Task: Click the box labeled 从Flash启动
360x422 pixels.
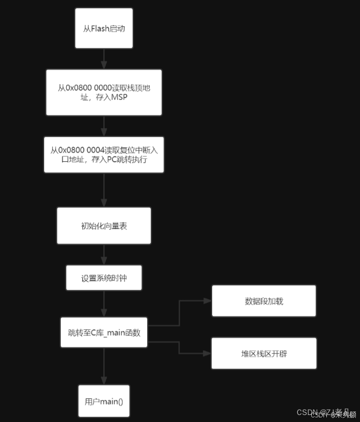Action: tap(104, 28)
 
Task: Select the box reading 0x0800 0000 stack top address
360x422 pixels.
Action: tap(104, 92)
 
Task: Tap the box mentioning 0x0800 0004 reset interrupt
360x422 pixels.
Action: tap(104, 154)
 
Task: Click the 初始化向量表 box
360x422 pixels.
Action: tap(104, 225)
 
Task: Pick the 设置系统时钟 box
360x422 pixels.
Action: tap(104, 278)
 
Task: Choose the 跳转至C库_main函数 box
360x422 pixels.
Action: tap(104, 332)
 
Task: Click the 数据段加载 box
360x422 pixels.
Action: tap(264, 301)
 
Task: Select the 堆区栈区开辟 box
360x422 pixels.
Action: tap(264, 353)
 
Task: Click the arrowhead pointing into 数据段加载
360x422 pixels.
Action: tap(208, 301)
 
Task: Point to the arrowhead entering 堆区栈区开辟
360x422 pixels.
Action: tap(208, 353)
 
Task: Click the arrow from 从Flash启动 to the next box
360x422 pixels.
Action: tap(104, 59)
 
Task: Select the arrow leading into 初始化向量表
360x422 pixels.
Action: tap(104, 190)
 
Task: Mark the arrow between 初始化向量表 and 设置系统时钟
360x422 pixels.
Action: tap(104, 255)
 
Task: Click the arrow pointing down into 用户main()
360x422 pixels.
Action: tap(104, 366)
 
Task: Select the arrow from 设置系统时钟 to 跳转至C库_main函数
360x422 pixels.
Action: tap(104, 303)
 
